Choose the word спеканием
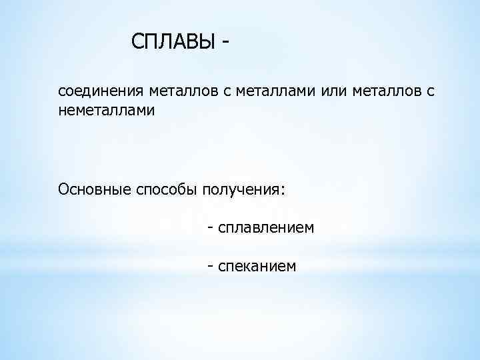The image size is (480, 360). click(x=257, y=267)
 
